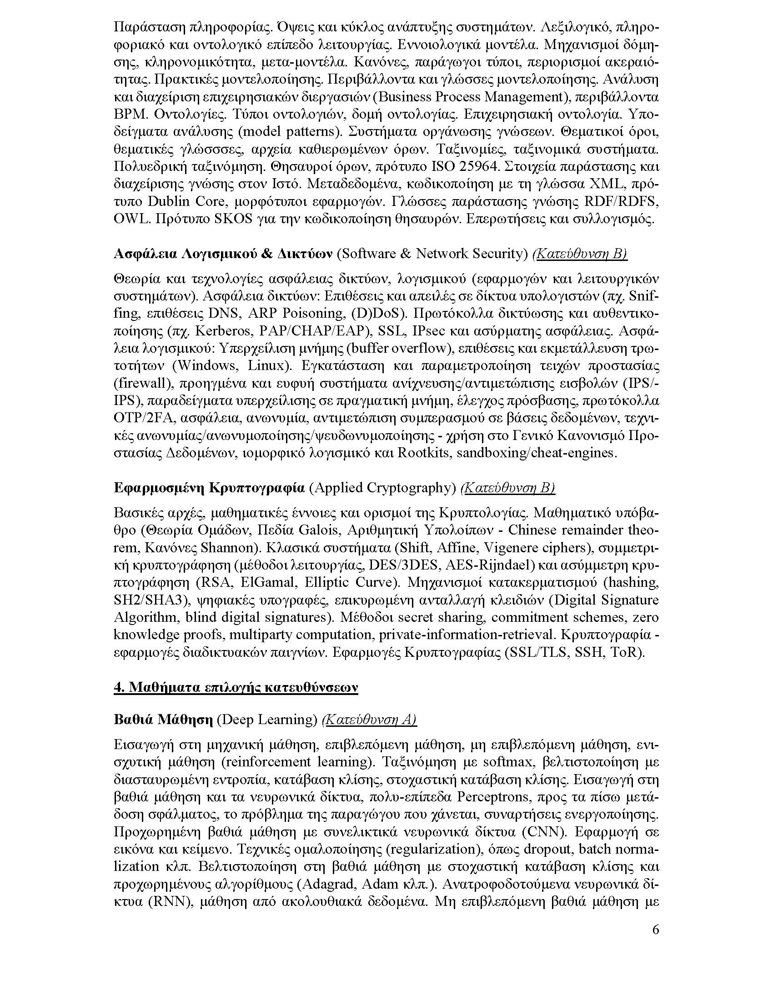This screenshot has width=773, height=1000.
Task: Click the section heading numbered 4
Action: [x=236, y=687]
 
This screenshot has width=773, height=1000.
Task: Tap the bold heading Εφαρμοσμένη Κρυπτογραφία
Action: [x=209, y=488]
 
